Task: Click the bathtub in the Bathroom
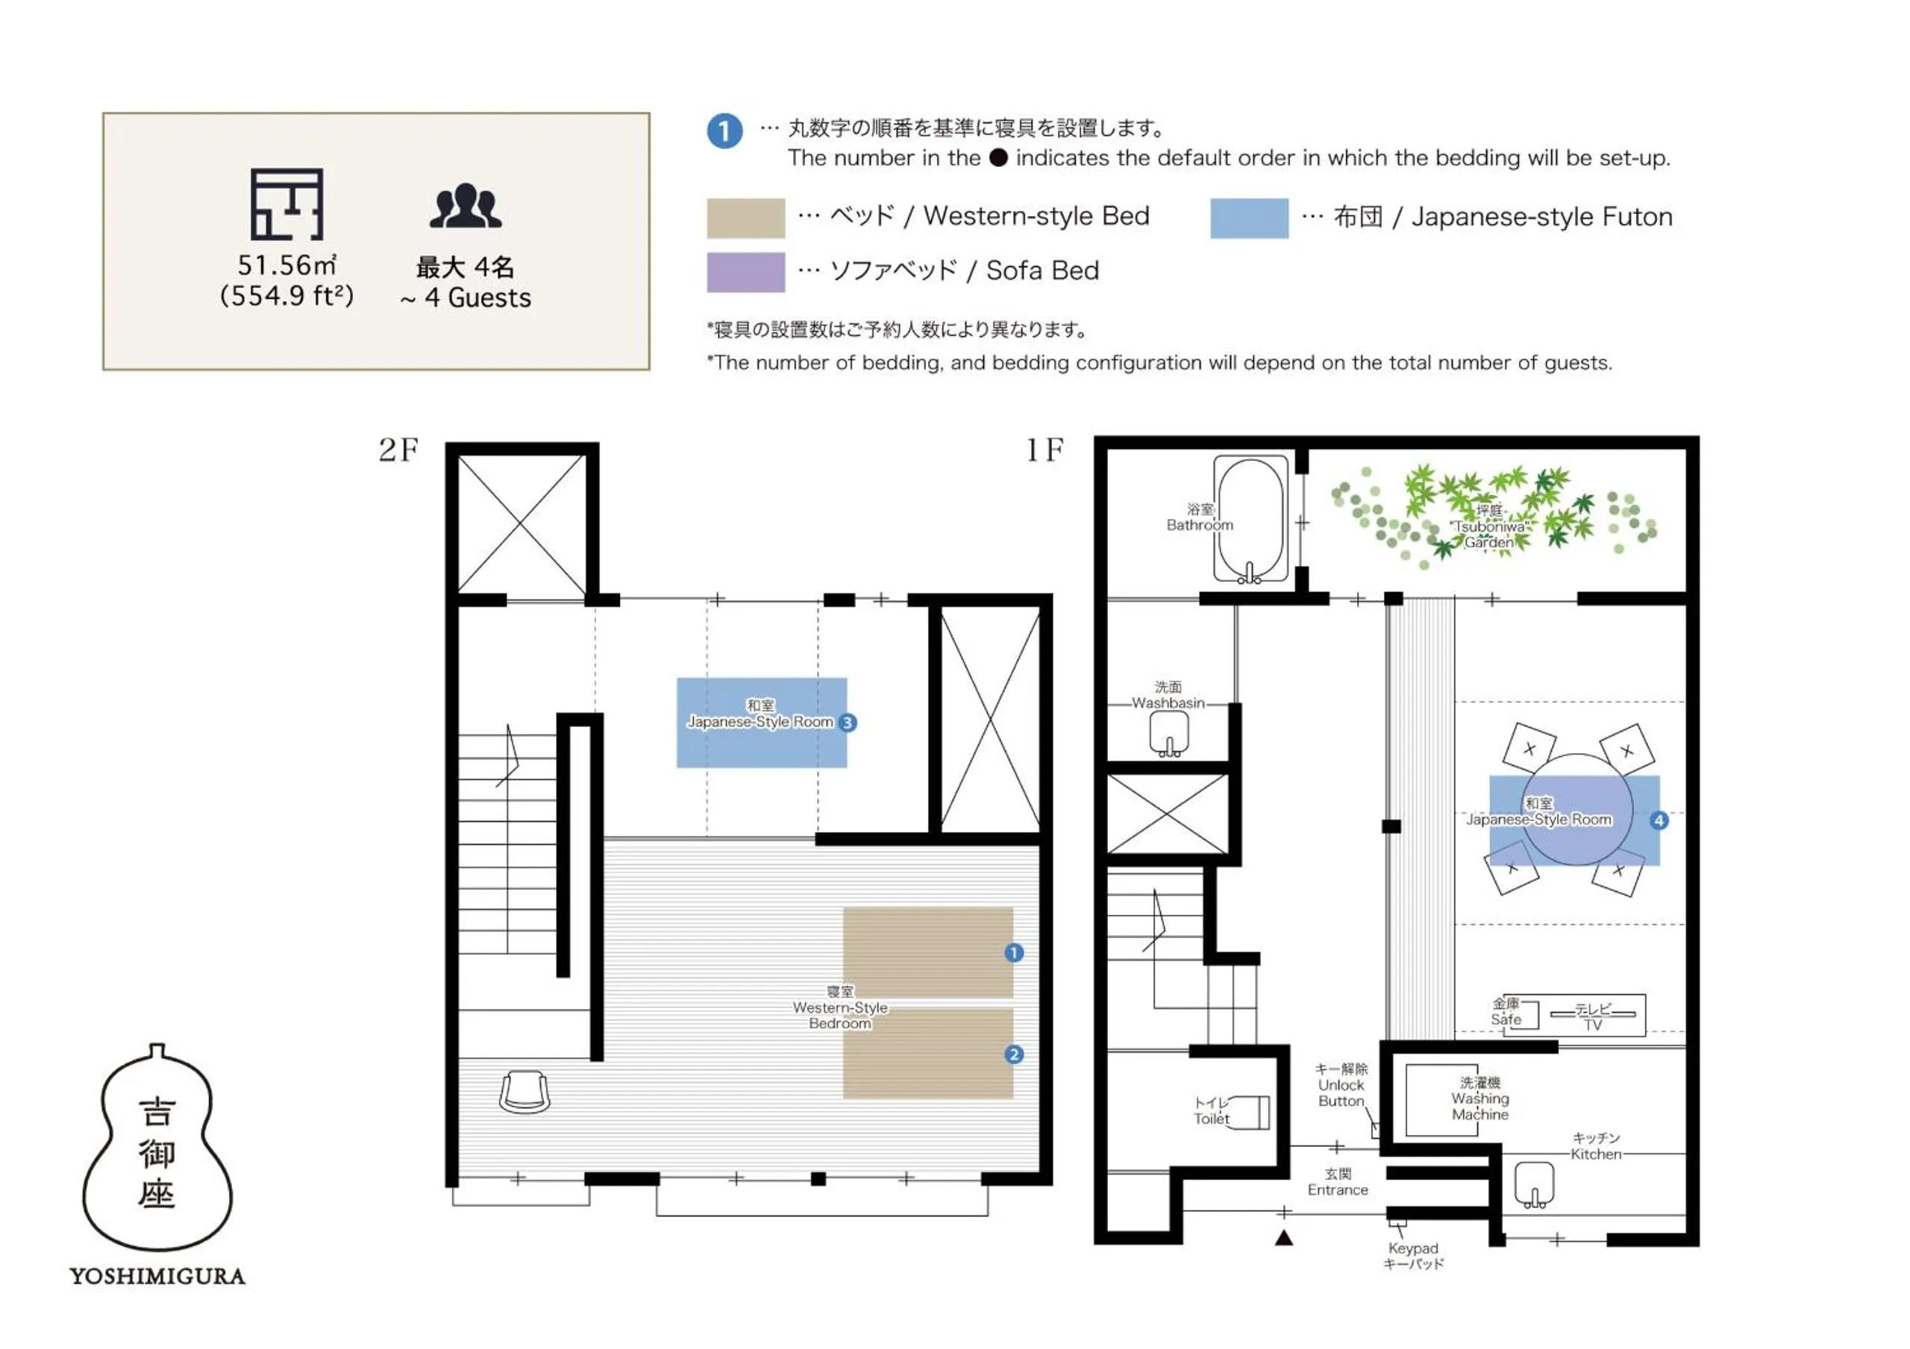click(x=1250, y=519)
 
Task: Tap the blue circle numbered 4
click(x=1659, y=821)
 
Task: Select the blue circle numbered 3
click(x=847, y=723)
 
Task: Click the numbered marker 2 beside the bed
click(x=1013, y=1054)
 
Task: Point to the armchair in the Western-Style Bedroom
click(x=524, y=1092)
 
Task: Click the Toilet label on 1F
click(x=1211, y=1111)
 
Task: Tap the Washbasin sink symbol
click(x=1169, y=735)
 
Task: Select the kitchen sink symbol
click(x=1534, y=1184)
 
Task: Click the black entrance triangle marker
click(x=1283, y=1239)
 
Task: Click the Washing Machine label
click(x=1480, y=1098)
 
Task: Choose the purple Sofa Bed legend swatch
click(x=745, y=272)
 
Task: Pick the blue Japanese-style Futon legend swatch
click(x=1249, y=218)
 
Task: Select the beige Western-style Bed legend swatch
click(x=745, y=218)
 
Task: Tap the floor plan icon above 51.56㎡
click(x=287, y=204)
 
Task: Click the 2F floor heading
click(x=398, y=450)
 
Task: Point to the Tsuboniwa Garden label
click(x=1489, y=526)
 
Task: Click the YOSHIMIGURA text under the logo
click(x=157, y=1276)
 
